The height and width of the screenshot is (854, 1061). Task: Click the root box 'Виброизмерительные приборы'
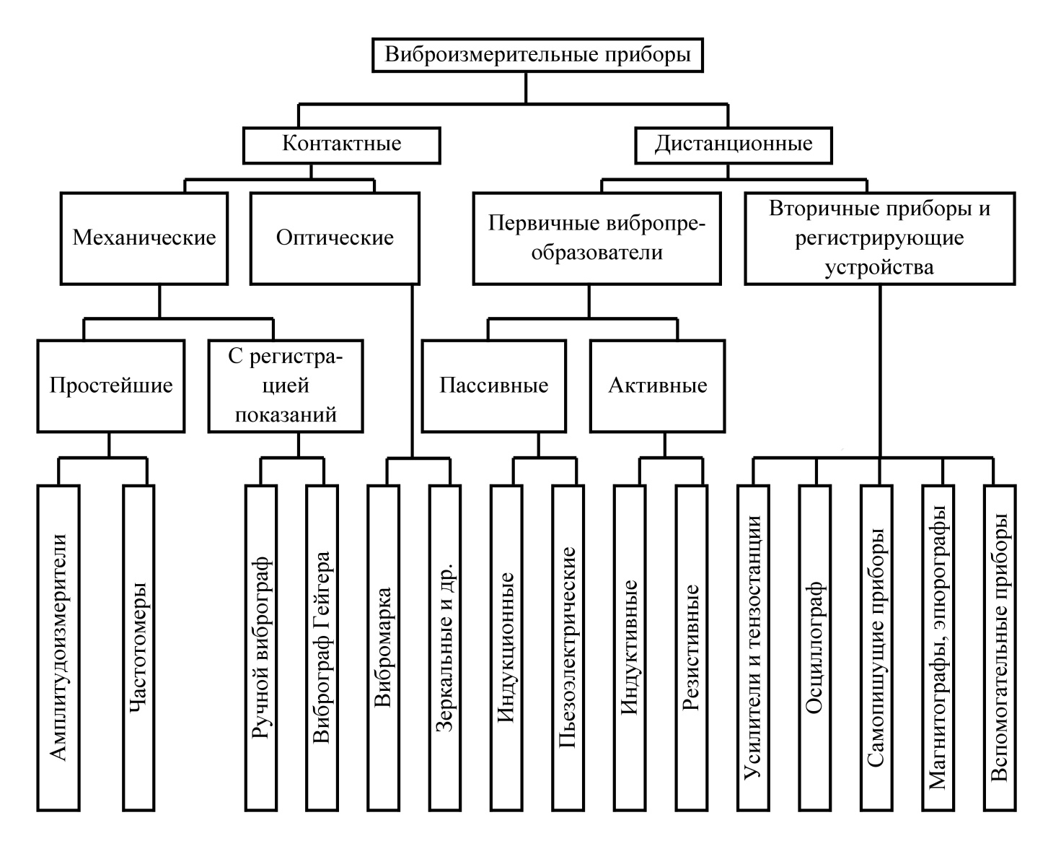(537, 56)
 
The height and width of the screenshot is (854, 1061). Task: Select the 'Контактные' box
(342, 145)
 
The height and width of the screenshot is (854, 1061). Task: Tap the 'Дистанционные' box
(734, 145)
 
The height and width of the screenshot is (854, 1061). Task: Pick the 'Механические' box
(144, 238)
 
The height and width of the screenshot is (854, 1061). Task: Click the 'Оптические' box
(335, 238)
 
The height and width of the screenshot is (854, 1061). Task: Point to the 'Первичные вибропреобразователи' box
(597, 238)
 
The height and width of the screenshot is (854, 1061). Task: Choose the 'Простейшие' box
(111, 386)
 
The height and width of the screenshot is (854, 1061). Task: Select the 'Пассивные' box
(493, 386)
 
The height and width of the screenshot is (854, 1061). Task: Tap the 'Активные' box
(657, 386)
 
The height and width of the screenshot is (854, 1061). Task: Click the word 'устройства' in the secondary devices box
(879, 268)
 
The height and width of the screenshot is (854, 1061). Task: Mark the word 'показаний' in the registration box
(286, 414)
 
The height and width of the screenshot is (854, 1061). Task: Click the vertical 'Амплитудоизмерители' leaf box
(58, 648)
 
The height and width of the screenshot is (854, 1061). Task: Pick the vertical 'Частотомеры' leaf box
(138, 648)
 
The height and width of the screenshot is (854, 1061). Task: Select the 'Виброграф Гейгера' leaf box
(322, 648)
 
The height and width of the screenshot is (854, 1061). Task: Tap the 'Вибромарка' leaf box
(383, 648)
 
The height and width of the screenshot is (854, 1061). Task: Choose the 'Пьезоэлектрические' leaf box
(568, 648)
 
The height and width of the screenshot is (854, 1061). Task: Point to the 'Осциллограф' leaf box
(814, 648)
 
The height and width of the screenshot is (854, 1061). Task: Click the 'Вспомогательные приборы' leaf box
(1000, 648)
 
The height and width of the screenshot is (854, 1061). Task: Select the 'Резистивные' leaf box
(691, 648)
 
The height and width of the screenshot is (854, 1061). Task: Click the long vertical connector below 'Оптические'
(412, 371)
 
